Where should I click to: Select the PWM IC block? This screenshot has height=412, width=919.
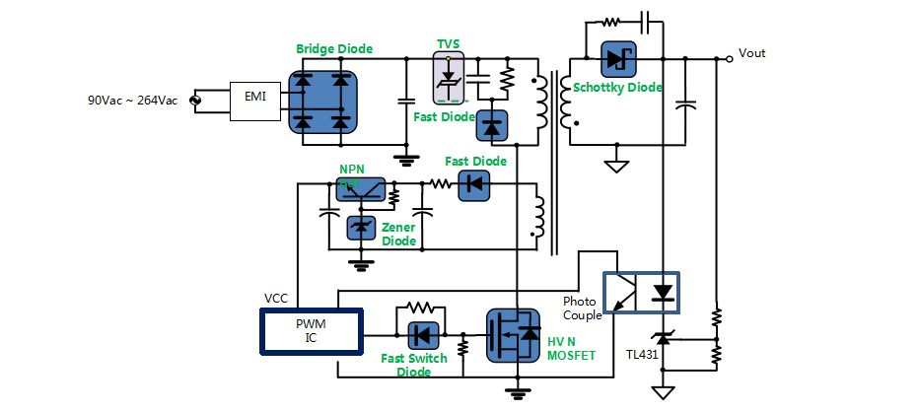pyautogui.click(x=312, y=331)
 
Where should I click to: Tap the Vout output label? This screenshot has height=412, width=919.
pyautogui.click(x=752, y=53)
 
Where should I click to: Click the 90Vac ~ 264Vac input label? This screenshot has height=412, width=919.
pyautogui.click(x=132, y=101)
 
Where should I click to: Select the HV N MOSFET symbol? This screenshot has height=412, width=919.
pyautogui.click(x=514, y=337)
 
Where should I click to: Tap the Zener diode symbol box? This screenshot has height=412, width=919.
pyautogui.click(x=361, y=229)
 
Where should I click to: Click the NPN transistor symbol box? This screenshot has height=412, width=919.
pyautogui.click(x=361, y=189)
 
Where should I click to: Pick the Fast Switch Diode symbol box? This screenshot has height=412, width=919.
pyautogui.click(x=422, y=335)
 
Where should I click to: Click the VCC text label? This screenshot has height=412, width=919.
pyautogui.click(x=277, y=298)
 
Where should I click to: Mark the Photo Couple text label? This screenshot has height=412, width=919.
pyautogui.click(x=580, y=309)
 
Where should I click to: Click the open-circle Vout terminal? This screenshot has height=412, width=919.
pyautogui.click(x=729, y=58)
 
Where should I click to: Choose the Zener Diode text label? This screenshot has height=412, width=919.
pyautogui.click(x=398, y=234)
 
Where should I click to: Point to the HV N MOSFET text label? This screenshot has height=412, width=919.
pyautogui.click(x=572, y=349)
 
